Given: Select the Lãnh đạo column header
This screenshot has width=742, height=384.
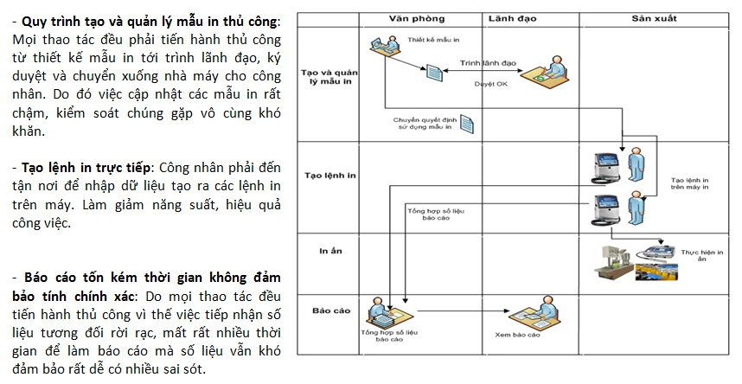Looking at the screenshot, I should pos(513,17).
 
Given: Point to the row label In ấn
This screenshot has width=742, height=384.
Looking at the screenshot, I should pos(321,252).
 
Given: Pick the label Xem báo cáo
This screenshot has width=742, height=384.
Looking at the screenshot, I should pos(517,335).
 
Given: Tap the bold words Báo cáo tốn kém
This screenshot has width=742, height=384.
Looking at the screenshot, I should pos(78,278).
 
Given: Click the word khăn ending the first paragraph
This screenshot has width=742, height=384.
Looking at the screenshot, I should pos(31,131).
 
